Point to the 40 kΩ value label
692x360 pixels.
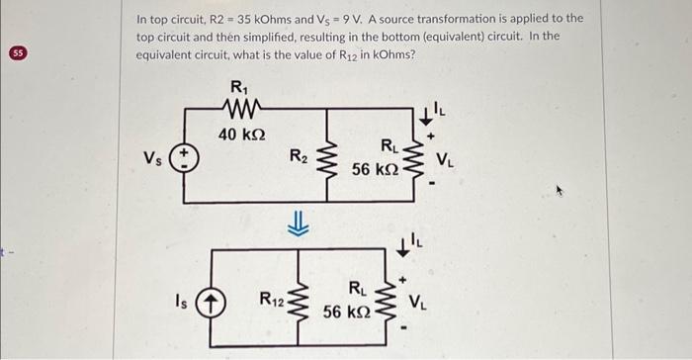point(239,133)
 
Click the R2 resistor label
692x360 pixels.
point(296,155)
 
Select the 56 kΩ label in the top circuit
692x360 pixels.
point(375,169)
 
